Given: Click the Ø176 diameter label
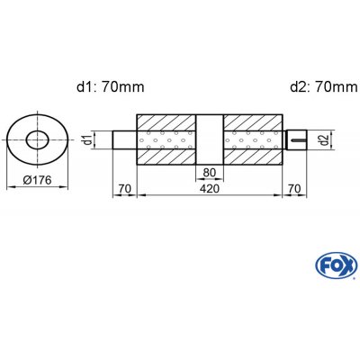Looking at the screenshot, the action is point(38,180).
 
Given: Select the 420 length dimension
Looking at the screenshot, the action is point(210,189).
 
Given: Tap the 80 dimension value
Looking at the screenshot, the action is point(210,173).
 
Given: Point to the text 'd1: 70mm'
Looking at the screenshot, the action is point(111,87).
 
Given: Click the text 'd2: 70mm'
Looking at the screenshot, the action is point(324,87).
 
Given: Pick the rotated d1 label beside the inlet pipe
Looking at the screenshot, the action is point(87,139).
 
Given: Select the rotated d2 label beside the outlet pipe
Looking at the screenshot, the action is point(323,139).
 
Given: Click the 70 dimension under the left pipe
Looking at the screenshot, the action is point(125,189).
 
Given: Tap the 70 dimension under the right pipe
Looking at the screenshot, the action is point(294,189).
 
